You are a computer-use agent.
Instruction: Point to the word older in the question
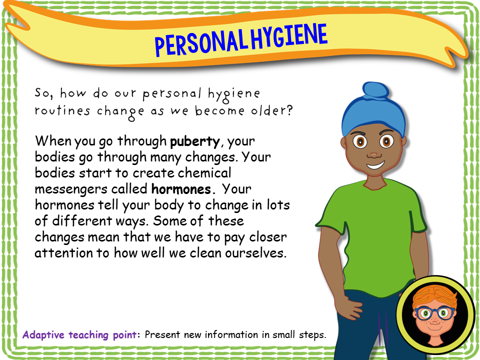[x=267, y=111]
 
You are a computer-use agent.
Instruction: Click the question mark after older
[x=289, y=110]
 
